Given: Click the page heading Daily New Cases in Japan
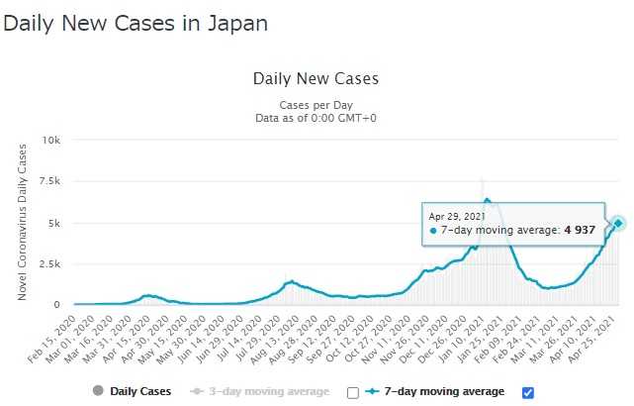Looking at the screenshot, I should (136, 22).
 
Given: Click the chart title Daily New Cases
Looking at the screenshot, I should (316, 78).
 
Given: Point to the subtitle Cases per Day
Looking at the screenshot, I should (316, 105).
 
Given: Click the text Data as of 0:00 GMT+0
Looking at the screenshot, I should (316, 118).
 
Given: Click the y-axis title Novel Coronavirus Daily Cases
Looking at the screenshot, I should (22, 223).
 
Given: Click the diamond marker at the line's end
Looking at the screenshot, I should (618, 223).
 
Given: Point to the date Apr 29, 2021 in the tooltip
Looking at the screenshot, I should (455, 215).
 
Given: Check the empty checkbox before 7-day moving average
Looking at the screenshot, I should (353, 392).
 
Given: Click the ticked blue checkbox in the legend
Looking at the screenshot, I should (527, 392).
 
